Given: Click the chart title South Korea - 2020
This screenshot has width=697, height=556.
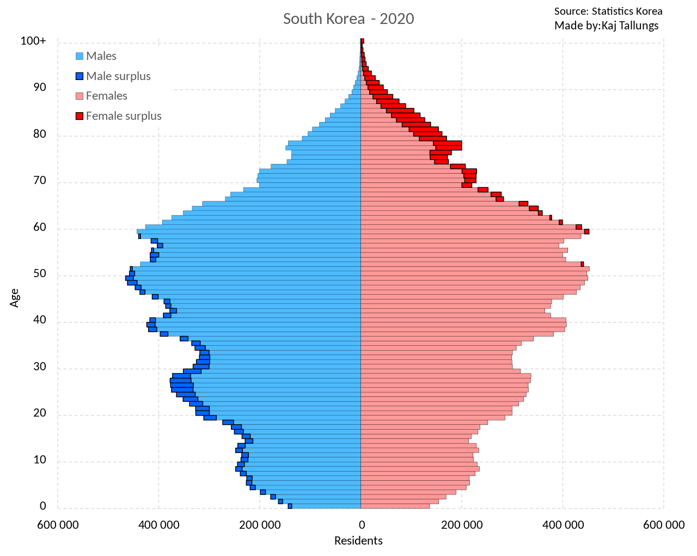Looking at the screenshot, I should tap(348, 19).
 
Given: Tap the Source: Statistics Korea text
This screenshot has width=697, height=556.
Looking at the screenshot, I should tap(608, 11).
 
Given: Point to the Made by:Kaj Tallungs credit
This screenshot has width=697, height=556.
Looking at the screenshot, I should tap(606, 26).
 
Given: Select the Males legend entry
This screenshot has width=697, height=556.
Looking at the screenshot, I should tap(101, 56).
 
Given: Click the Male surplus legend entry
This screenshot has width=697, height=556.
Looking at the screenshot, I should tap(118, 76).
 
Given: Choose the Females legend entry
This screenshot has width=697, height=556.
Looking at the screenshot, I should tap(106, 96).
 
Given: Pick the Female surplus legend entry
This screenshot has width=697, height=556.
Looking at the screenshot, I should tap(123, 116).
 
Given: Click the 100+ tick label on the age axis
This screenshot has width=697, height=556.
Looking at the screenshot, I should tap(33, 41).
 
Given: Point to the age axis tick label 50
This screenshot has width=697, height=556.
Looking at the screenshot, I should tap(40, 274).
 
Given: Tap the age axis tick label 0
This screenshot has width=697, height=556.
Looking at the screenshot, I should tap(43, 506).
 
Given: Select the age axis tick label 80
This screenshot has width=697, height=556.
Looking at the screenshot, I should tap(40, 134).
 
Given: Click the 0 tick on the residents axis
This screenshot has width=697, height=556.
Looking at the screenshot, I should tap(361, 525).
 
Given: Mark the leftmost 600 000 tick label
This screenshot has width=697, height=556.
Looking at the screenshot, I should tap(58, 525).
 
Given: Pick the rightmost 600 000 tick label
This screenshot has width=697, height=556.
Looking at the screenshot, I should tap(664, 525).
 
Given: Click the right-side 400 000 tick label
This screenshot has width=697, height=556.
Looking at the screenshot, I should tap(563, 525).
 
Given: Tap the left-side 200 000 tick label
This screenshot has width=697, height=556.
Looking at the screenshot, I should tap(260, 525).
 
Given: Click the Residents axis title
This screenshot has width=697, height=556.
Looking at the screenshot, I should tap(358, 541).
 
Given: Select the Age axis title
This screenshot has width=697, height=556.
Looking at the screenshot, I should tap(15, 297).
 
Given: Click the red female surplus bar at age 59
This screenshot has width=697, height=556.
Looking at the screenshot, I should tap(586, 231).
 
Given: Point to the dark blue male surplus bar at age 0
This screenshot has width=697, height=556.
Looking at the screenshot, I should tap(290, 506).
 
